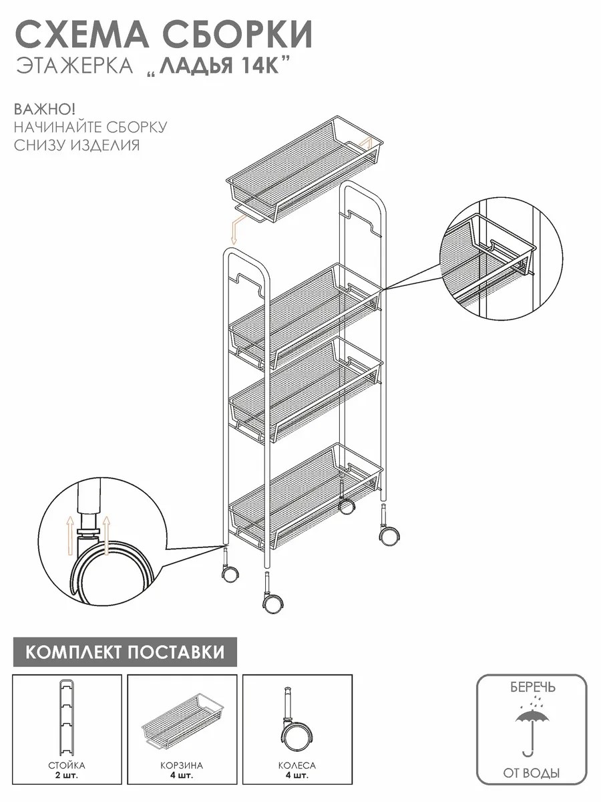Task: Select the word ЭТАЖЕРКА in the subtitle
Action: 75,66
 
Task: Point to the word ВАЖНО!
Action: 45,109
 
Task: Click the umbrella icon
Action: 532,726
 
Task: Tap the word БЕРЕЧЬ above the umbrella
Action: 532,688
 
